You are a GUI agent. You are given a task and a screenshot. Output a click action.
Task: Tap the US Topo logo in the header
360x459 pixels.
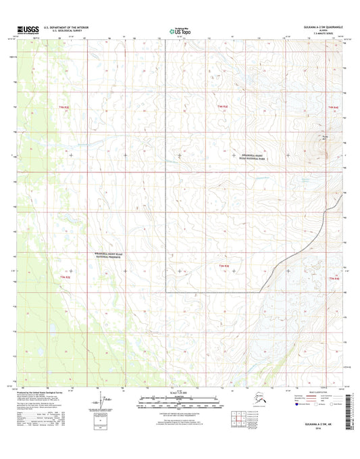pos(179,30)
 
